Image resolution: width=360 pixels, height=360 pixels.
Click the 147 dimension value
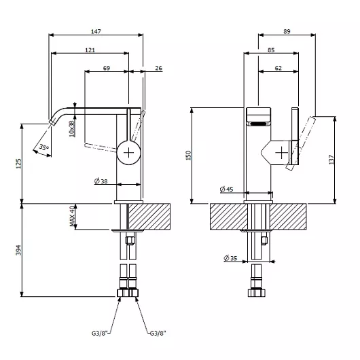(96, 31)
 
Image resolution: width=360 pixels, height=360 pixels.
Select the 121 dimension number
(90, 50)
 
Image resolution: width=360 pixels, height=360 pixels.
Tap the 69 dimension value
(107, 68)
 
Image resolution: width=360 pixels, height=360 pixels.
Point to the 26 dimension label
(159, 68)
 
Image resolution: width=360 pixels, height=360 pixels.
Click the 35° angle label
(43, 147)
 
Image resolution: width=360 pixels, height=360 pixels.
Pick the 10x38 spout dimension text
(72, 128)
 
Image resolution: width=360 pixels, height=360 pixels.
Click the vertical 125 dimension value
(18, 163)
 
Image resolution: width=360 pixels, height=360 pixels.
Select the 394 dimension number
(18, 250)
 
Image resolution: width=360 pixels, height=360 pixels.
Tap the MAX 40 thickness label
(72, 216)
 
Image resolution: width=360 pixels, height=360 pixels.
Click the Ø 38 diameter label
(101, 181)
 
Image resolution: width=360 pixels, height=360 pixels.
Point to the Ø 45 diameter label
(226, 190)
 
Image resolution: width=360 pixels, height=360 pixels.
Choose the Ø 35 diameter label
(230, 258)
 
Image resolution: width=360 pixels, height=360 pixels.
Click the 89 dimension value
(287, 31)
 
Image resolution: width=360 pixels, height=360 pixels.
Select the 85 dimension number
(271, 50)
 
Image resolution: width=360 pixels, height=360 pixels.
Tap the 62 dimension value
(278, 68)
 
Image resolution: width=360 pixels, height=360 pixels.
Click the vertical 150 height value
(188, 156)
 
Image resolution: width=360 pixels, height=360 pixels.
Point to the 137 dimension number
(331, 160)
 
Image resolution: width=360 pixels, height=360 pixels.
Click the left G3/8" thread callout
(100, 333)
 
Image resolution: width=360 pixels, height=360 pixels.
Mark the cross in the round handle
(128, 153)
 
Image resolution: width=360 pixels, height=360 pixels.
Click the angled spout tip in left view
(52, 122)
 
